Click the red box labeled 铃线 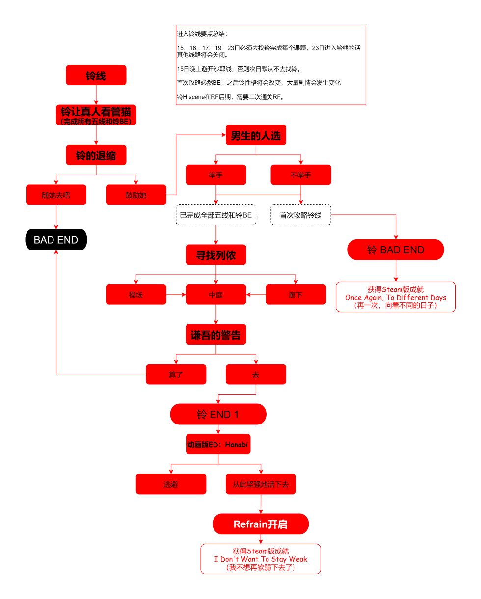coord(96,75)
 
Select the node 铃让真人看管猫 coord(96,115)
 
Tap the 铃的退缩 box coord(96,155)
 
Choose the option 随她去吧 coord(56,195)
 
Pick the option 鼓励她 coord(136,195)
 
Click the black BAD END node coord(56,240)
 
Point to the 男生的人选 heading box coord(256,135)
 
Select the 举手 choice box coord(216,175)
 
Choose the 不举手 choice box coord(301,175)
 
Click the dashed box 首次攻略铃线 coord(301,215)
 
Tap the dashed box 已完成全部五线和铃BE coord(216,215)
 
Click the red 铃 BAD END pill coord(396,250)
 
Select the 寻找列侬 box coord(216,255)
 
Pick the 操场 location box coord(136,295)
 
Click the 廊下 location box coord(296,295)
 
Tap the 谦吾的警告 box coord(216,335)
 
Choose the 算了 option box coord(176,374)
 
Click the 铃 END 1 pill coord(218,415)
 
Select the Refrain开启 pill coord(261,524)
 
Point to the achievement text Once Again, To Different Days coord(396,298)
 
